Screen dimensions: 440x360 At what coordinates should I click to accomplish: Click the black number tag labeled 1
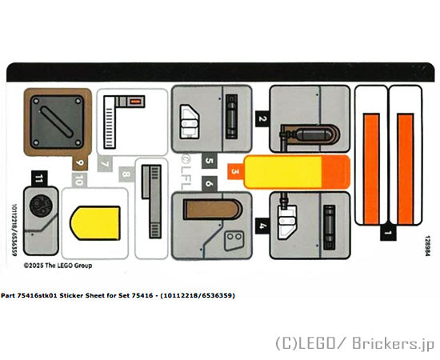point(388,232)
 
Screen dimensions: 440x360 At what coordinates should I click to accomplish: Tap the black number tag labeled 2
point(262,118)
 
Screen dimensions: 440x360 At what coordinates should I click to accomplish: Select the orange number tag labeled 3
point(236,171)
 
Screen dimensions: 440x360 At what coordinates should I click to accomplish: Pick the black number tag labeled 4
point(262,226)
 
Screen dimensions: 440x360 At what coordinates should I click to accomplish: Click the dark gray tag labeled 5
point(210,161)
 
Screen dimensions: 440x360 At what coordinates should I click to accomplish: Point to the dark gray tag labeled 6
point(210,184)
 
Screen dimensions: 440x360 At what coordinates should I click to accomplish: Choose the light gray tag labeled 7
point(105,163)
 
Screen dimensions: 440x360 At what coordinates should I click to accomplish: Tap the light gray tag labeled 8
point(126,174)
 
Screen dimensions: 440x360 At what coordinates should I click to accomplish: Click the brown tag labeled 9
point(80,162)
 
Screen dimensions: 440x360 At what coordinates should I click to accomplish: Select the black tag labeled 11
point(39,178)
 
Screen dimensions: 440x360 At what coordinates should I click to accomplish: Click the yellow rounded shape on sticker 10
point(95,223)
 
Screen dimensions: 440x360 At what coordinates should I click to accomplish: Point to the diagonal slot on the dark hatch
point(57,122)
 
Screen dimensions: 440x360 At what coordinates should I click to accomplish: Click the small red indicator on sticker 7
point(135,102)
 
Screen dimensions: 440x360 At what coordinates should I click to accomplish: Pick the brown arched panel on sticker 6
point(213,209)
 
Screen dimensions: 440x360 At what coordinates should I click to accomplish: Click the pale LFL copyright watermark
point(186,172)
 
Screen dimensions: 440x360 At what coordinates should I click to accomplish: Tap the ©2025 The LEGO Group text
point(58,266)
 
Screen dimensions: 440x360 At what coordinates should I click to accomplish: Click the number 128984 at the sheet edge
point(427,246)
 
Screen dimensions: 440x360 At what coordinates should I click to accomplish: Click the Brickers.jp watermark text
point(394,343)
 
